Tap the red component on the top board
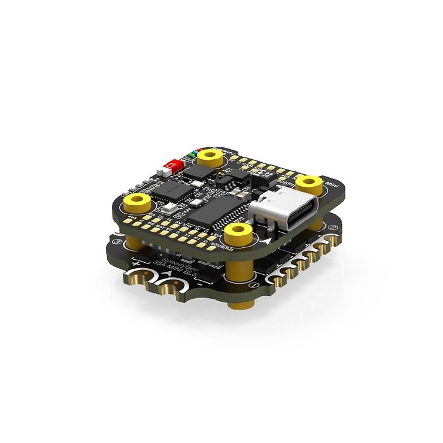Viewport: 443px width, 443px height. [x=172, y=165]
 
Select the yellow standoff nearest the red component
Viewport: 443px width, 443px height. [x=210, y=157]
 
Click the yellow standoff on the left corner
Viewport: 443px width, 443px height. [x=138, y=201]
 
